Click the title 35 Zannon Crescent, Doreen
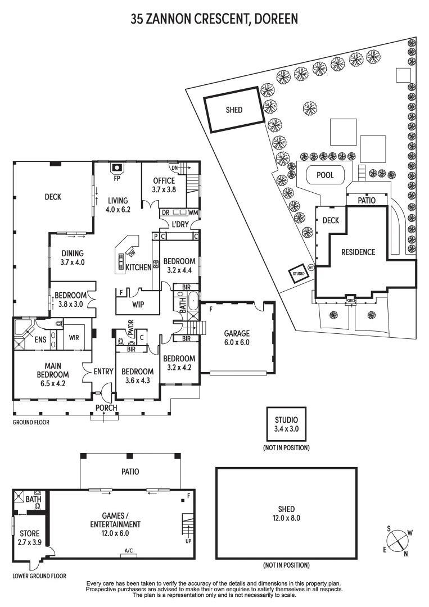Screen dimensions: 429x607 pos(214,19)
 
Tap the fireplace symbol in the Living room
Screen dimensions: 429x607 pos(117,168)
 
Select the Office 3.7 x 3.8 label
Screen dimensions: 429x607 pos(164,185)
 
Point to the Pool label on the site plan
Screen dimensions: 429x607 pos(325,175)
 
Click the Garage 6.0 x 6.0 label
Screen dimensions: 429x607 pos(237,338)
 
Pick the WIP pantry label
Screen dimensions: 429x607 pos(138,305)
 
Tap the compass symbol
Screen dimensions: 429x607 pos(398,540)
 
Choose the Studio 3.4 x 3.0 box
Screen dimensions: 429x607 pos(287,424)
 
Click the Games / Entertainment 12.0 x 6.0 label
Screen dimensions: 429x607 pos(115,524)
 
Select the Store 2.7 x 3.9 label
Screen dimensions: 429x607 pos(30,538)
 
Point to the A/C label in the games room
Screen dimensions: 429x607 pos(129,551)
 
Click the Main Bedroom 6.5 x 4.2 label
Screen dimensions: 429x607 pos(53,375)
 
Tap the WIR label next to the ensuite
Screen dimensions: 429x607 pos(74,338)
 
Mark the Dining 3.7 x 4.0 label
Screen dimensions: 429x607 pos(73,258)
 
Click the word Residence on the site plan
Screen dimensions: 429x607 pos(358,252)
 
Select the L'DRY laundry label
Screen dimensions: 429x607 pos(180,224)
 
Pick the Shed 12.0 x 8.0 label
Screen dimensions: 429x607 pos(287,514)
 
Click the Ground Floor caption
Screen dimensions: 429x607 pos(31,422)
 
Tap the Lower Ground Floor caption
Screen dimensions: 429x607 pos(39,576)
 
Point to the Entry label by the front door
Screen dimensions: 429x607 pos(103,372)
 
